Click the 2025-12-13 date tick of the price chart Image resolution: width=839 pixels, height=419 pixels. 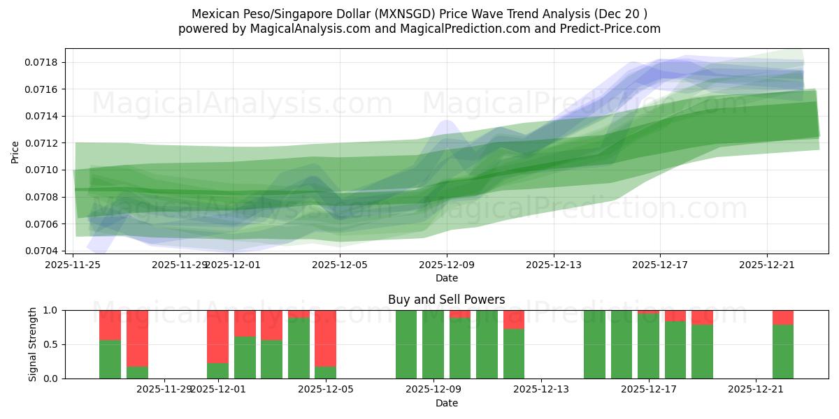[x=554, y=265]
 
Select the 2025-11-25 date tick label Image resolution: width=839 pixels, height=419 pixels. [x=73, y=265]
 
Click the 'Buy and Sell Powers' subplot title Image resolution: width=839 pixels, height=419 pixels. [x=446, y=300]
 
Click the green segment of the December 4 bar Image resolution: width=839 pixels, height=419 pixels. [x=299, y=348]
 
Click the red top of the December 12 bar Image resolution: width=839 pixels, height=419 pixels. [x=514, y=319]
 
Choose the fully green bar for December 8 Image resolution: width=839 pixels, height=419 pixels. [x=406, y=344]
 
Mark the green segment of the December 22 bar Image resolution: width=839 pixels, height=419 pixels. [x=783, y=351]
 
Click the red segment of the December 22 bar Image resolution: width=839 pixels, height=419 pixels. [x=783, y=317]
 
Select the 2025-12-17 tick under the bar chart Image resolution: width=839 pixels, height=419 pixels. [x=649, y=389]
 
